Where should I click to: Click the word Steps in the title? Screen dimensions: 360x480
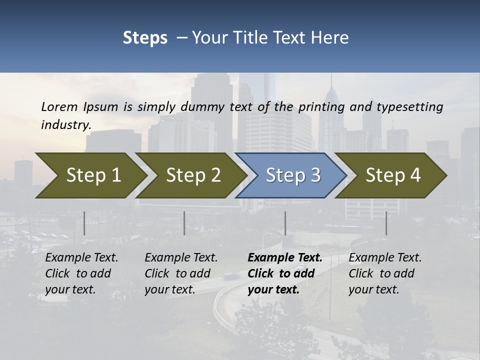tap(145, 38)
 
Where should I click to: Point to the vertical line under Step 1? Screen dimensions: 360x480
tap(84, 223)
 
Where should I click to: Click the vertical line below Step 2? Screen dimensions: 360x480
tap(184, 223)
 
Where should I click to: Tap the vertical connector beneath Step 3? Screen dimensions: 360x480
tap(285, 223)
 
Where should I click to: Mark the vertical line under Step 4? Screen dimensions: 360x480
tap(386, 223)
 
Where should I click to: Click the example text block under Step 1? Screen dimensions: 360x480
tap(81, 273)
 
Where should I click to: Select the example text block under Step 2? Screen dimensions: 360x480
tap(181, 273)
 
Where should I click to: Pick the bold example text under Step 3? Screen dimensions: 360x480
tap(285, 273)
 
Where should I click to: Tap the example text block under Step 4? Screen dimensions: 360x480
tap(385, 273)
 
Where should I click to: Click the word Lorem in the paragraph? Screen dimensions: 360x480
tap(59, 107)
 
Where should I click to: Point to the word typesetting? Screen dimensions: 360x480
tap(409, 107)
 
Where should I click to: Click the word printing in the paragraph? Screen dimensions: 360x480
tap(321, 107)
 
